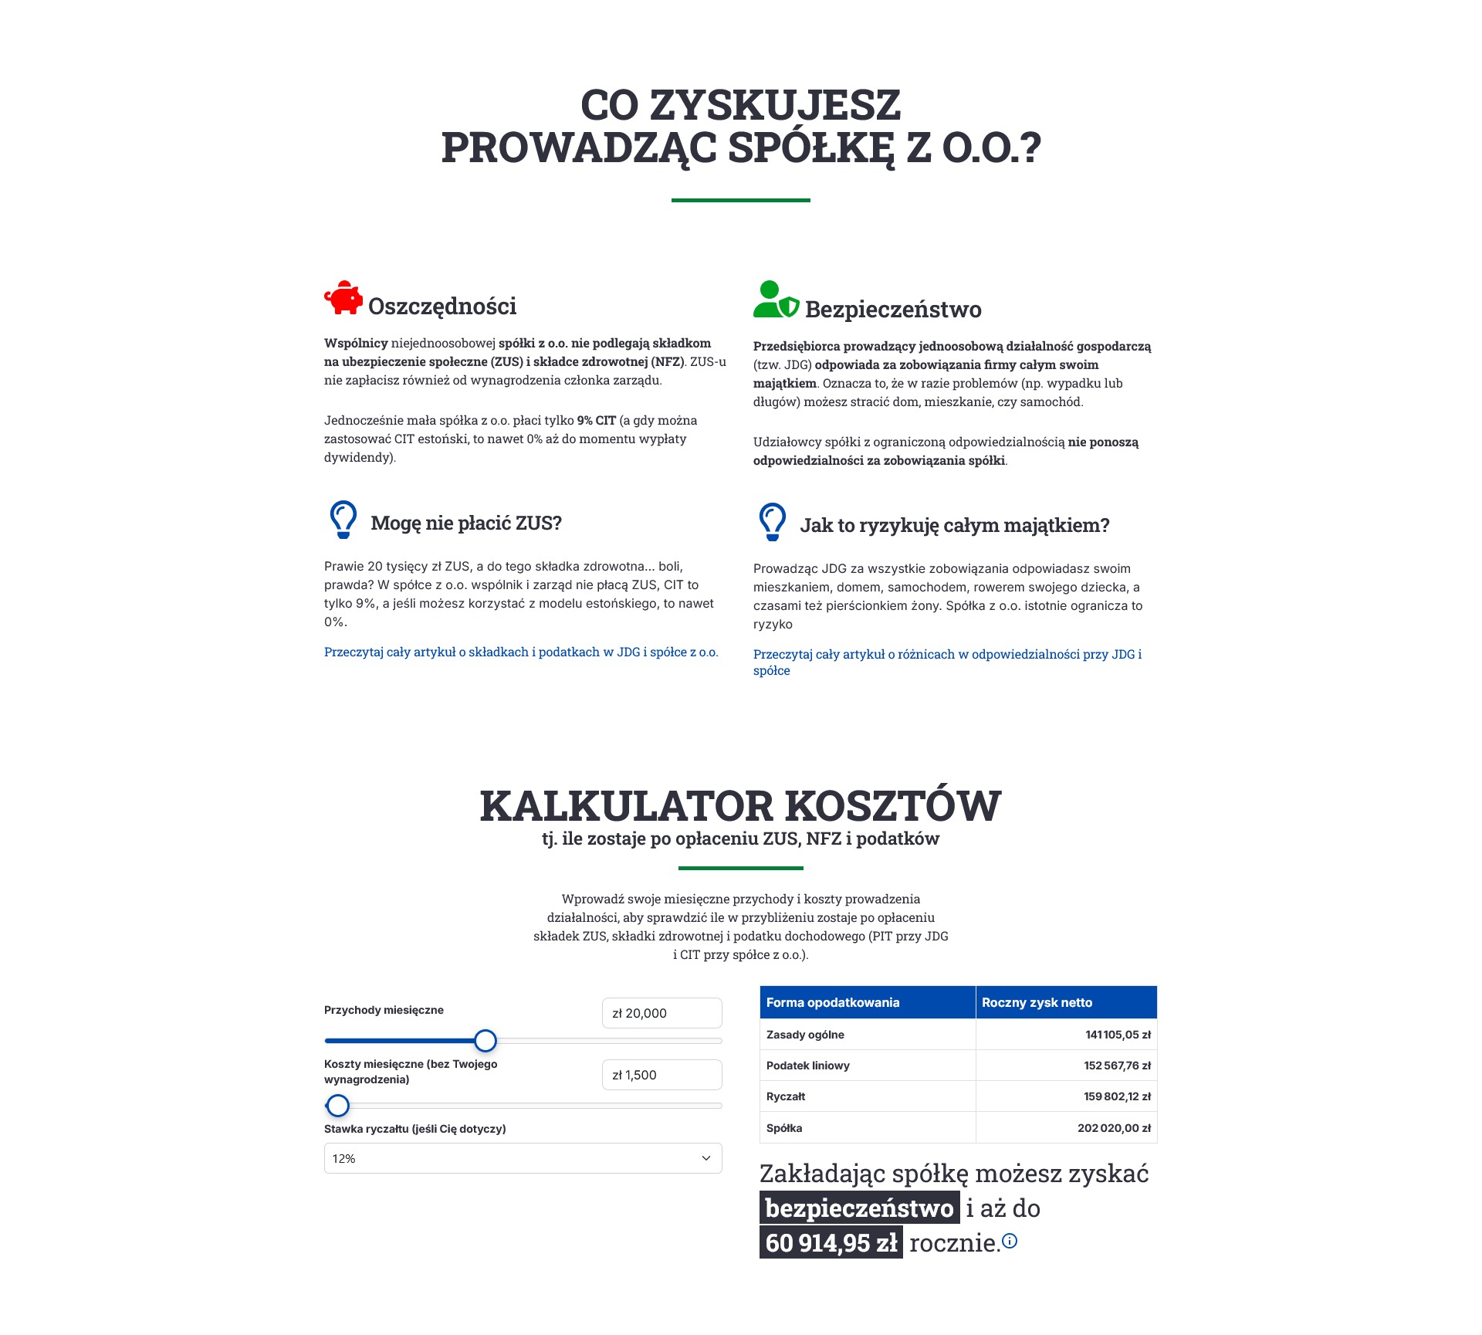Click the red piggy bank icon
[343, 298]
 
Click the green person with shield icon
[775, 300]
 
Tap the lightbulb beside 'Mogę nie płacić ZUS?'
[343, 520]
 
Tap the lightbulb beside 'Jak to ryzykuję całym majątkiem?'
[773, 522]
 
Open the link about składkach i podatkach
[521, 652]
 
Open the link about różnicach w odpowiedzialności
[947, 655]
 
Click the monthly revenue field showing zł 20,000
[661, 1013]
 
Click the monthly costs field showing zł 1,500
[661, 1075]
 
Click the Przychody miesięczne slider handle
[486, 1041]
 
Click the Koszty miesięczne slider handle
[338, 1106]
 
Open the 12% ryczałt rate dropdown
[523, 1158]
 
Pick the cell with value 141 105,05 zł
[1118, 1035]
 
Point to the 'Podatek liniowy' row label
[808, 1066]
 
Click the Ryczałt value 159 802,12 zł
[1117, 1096]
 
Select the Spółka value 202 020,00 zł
[1114, 1128]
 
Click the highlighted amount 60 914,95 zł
[831, 1243]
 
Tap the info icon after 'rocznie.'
[1010, 1241]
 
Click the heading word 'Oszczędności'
[442, 307]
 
